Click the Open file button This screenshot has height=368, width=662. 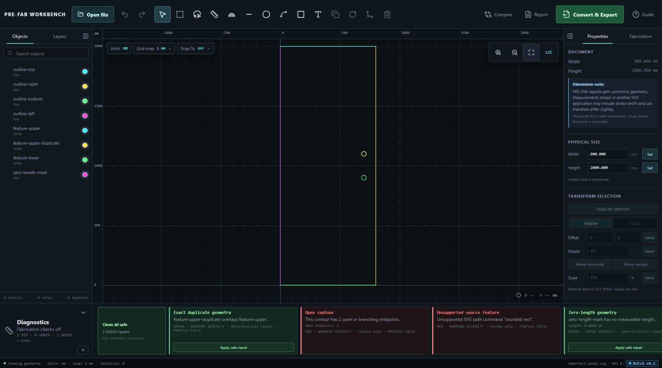pyautogui.click(x=93, y=15)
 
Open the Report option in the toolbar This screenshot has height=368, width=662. pyautogui.click(x=536, y=15)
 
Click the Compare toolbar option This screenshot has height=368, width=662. pyautogui.click(x=498, y=15)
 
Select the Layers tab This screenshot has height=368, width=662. pyautogui.click(x=60, y=36)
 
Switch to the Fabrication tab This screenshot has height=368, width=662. pyautogui.click(x=640, y=36)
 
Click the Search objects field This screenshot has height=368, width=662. pyautogui.click(x=46, y=53)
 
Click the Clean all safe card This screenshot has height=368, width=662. pyautogui.click(x=132, y=331)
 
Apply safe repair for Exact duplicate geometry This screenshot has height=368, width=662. pyautogui.click(x=234, y=347)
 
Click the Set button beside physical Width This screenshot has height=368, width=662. pyautogui.click(x=650, y=154)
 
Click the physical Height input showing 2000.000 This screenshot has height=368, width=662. pyautogui.click(x=608, y=168)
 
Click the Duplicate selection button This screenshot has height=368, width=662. pyautogui.click(x=613, y=209)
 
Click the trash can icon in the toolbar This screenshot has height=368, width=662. pyautogui.click(x=387, y=15)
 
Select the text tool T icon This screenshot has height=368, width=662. pyautogui.click(x=318, y=15)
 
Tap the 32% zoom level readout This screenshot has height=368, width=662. pyautogui.click(x=548, y=53)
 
